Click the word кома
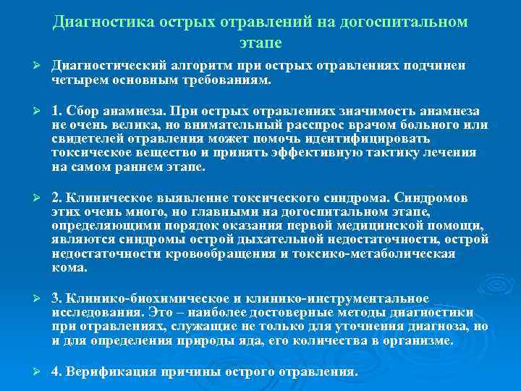click(x=69, y=267)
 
